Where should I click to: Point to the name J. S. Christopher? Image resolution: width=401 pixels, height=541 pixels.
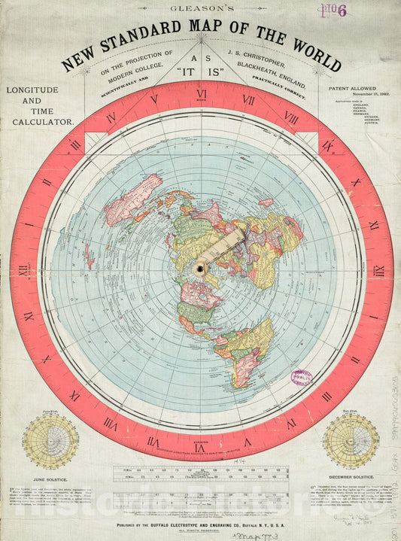tap(255, 55)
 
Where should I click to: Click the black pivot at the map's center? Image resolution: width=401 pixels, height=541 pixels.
tap(201, 269)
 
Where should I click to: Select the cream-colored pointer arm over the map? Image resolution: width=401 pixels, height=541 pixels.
tap(223, 248)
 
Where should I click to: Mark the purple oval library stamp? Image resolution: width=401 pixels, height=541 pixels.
tap(302, 376)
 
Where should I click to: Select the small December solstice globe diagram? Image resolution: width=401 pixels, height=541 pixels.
tap(351, 440)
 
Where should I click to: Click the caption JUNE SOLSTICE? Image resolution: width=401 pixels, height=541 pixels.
tap(50, 478)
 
